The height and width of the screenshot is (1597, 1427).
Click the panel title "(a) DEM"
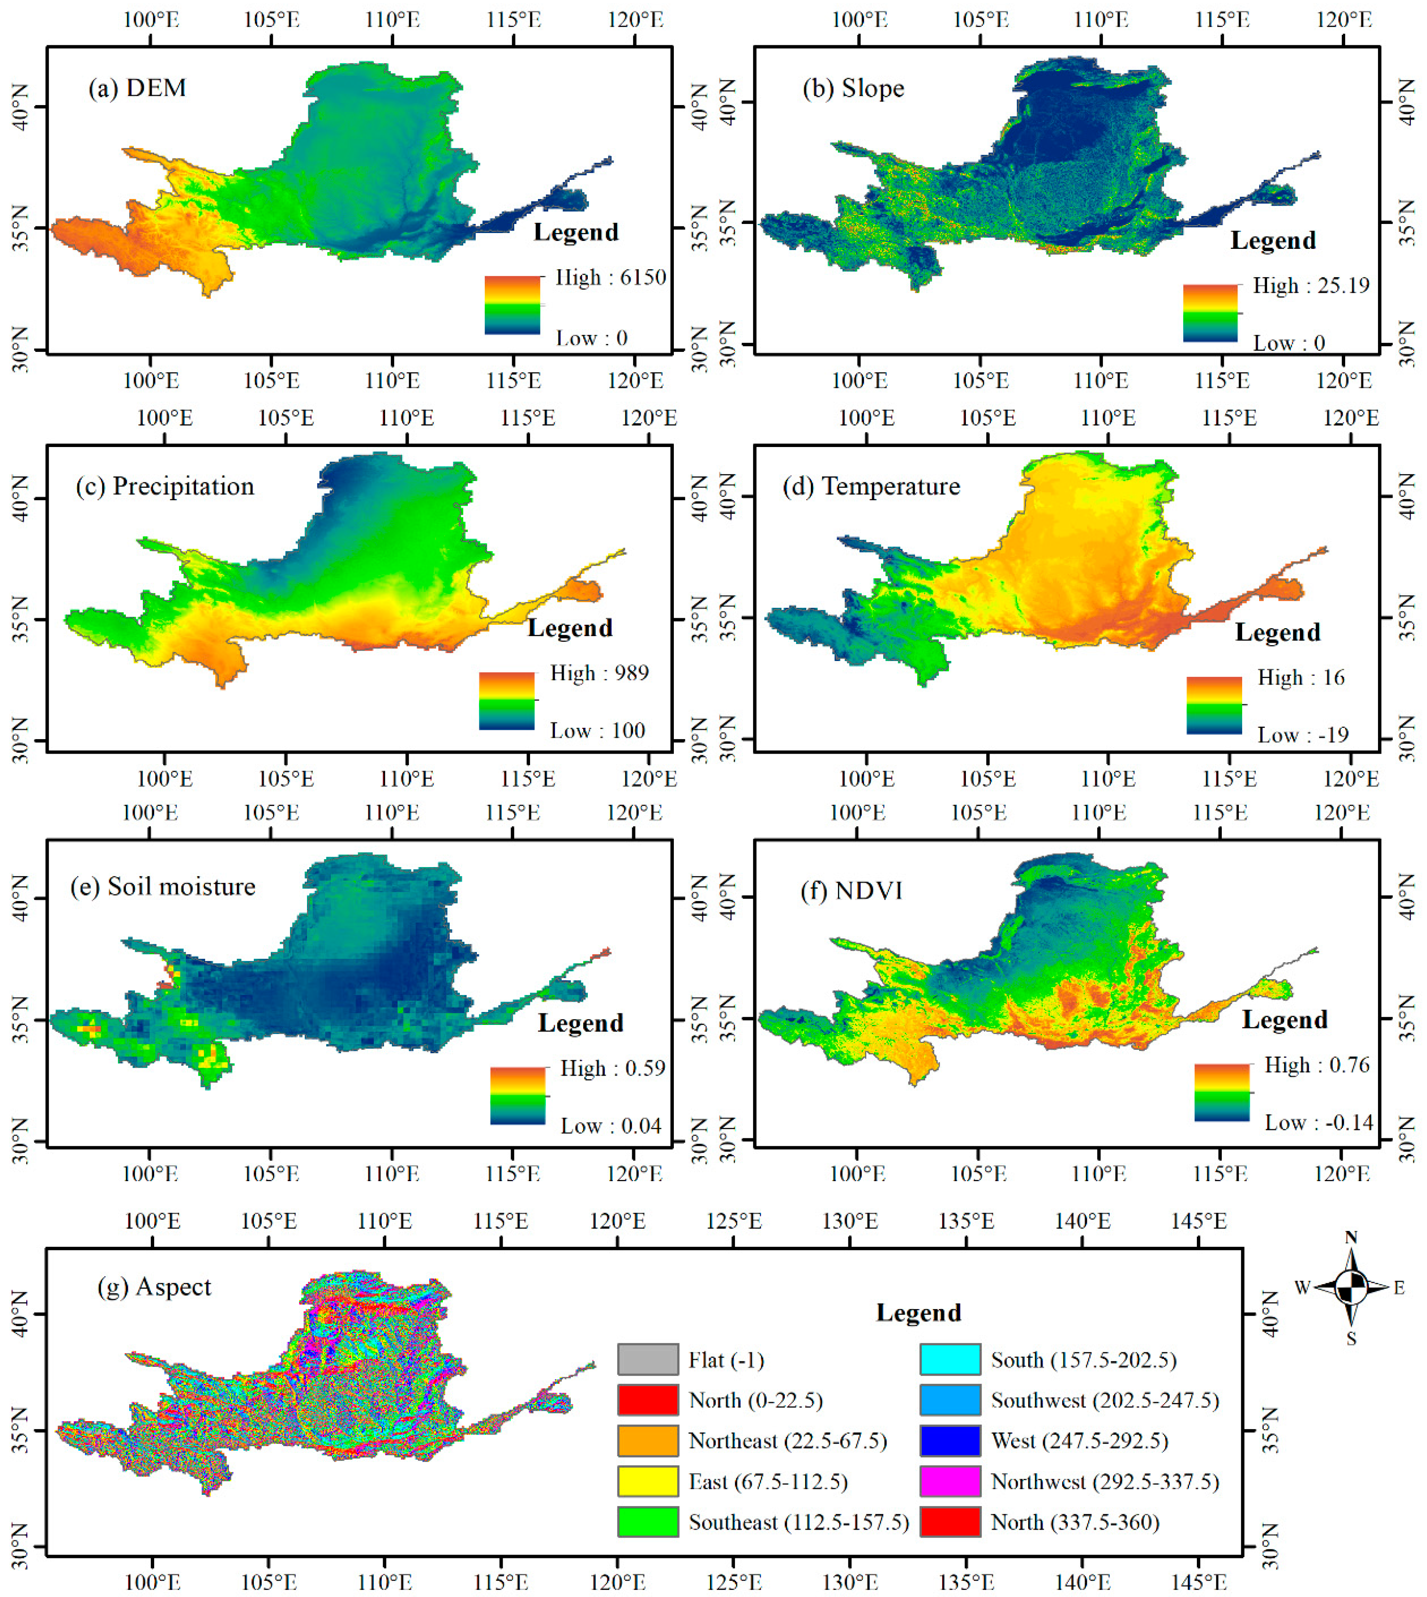[137, 88]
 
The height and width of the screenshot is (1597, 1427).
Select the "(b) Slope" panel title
[853, 88]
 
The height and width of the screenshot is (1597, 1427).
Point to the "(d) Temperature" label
[871, 487]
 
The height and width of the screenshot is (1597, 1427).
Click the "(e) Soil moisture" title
[163, 887]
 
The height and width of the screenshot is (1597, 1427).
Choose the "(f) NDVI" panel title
[852, 891]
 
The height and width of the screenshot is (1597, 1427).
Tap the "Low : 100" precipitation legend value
[597, 731]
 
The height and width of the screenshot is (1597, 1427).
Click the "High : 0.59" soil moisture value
[612, 1069]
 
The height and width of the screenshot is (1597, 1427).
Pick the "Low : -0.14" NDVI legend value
[1319, 1123]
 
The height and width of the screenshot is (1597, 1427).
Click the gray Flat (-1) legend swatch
[648, 1359]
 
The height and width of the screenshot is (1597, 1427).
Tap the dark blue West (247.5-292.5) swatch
[950, 1440]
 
